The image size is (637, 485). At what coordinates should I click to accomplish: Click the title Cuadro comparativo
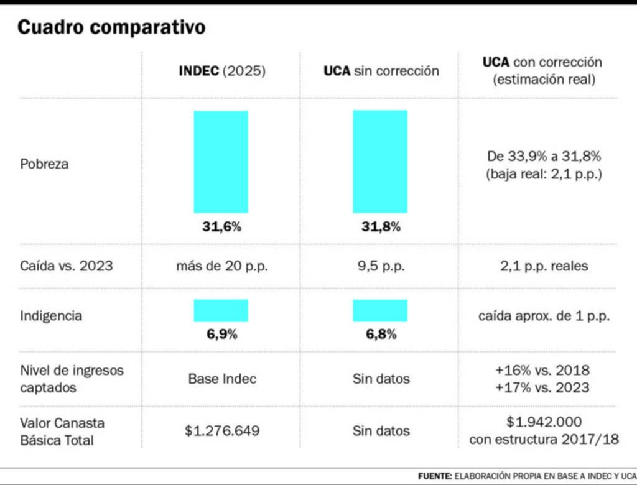(x=111, y=27)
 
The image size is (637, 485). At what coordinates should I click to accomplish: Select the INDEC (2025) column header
(x=222, y=71)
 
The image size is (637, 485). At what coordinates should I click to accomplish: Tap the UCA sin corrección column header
(x=381, y=71)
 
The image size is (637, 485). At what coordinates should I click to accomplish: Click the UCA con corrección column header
(x=542, y=71)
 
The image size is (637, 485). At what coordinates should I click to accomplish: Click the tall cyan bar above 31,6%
(x=221, y=162)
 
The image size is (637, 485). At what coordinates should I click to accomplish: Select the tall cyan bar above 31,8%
(x=380, y=162)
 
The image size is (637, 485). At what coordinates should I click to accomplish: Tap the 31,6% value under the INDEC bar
(x=221, y=227)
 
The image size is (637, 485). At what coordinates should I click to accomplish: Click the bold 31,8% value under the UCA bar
(x=381, y=227)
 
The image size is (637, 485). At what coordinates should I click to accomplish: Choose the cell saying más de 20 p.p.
(x=221, y=266)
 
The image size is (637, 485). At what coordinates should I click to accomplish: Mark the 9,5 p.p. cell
(x=381, y=266)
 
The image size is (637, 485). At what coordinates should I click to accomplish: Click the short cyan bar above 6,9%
(x=221, y=310)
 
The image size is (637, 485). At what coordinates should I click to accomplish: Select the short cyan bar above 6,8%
(x=380, y=310)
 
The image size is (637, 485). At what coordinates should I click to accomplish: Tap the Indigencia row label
(x=50, y=316)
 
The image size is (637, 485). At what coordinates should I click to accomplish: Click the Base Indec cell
(x=221, y=378)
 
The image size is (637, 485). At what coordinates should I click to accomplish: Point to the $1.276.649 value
(x=221, y=430)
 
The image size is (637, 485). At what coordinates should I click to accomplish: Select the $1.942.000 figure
(x=544, y=422)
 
